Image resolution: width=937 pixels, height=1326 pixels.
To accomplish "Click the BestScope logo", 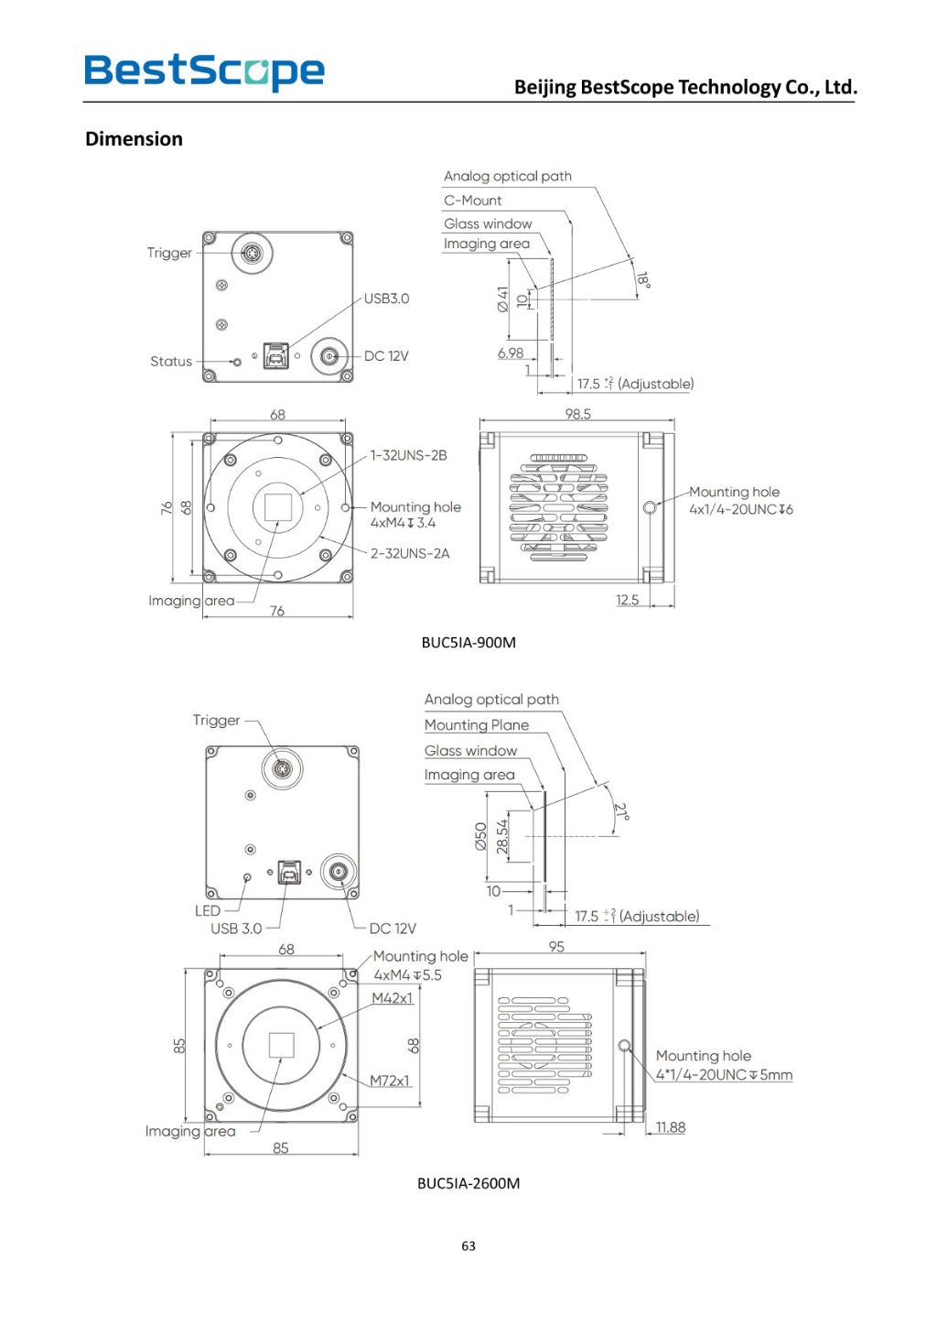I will (x=204, y=71).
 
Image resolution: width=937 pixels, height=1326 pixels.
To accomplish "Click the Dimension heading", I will (x=134, y=139).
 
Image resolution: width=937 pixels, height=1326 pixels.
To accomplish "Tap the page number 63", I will (x=468, y=1245).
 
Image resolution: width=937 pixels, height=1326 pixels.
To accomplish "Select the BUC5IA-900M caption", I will (x=468, y=642).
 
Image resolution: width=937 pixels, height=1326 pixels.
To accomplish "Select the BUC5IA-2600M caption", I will (x=468, y=1182).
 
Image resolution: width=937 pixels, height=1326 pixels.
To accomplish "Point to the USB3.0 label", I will (x=386, y=299).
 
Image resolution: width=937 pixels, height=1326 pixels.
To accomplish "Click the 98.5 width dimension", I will (x=577, y=414).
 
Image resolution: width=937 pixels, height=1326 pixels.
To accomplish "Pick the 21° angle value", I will (x=621, y=812).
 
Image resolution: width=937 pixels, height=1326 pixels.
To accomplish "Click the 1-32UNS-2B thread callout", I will (x=408, y=455).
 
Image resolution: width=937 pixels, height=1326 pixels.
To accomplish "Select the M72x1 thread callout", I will (x=390, y=1081).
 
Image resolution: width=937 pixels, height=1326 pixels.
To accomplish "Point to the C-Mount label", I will (x=472, y=201).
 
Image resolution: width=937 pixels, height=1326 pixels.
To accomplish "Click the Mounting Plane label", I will (x=476, y=724).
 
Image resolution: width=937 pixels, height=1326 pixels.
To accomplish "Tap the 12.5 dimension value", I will (x=627, y=600).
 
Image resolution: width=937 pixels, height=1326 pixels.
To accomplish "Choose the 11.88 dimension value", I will (x=670, y=1127).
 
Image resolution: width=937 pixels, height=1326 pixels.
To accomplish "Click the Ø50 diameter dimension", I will (x=481, y=836).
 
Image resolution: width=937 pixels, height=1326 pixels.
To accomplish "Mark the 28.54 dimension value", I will (x=501, y=836).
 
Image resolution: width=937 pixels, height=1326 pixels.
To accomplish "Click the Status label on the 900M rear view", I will (x=171, y=362).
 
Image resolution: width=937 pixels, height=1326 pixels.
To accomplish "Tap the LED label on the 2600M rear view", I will (x=208, y=910).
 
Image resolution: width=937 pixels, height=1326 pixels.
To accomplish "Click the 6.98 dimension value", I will (x=511, y=353).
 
